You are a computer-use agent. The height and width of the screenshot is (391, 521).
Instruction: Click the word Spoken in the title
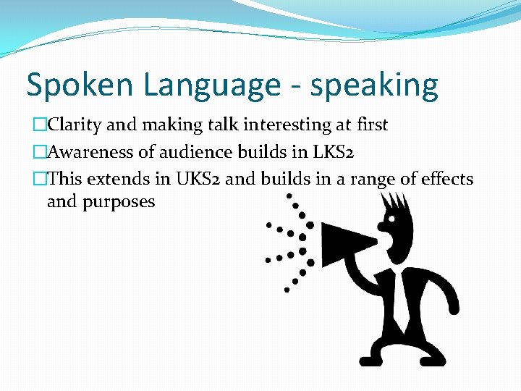coord(80,85)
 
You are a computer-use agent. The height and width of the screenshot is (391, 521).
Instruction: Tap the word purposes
coord(119,201)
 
